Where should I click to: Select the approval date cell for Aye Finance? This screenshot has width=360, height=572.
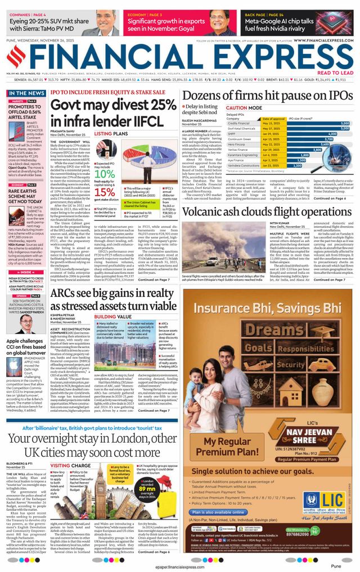pos(274,160)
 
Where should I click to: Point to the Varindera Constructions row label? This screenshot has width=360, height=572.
pos(244,165)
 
